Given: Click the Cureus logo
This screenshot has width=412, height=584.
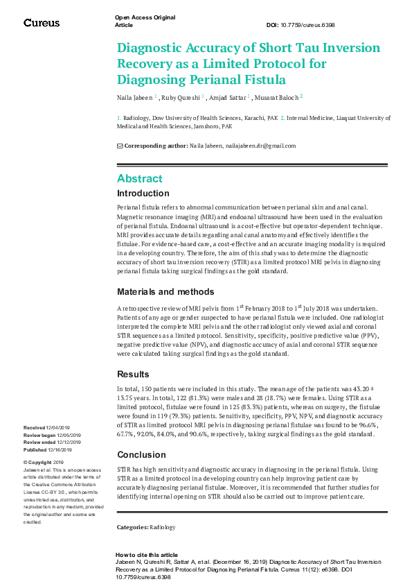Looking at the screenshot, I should pos(42,23).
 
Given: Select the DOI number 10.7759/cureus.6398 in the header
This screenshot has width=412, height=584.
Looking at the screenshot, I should pos(310,25).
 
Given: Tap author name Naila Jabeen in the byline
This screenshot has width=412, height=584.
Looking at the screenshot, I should pos(134,97).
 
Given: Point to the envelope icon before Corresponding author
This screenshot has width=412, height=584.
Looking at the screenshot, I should pos(120,146).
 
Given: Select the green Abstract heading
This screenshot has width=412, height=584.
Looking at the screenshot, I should pos(140,178).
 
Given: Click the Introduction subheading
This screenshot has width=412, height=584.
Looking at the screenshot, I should pos(143,194).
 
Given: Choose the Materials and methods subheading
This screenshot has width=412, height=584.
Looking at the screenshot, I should pos(165,292).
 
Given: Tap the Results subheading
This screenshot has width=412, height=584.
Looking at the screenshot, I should pos(133,375).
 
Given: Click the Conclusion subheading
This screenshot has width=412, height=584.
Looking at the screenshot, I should pos(141,455).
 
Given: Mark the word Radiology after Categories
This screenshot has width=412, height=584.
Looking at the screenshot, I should pos(163,528).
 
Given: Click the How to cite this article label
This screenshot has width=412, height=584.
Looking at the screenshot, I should pos(146,555).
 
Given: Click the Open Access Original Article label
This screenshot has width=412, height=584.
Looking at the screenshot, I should pos(144,21).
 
